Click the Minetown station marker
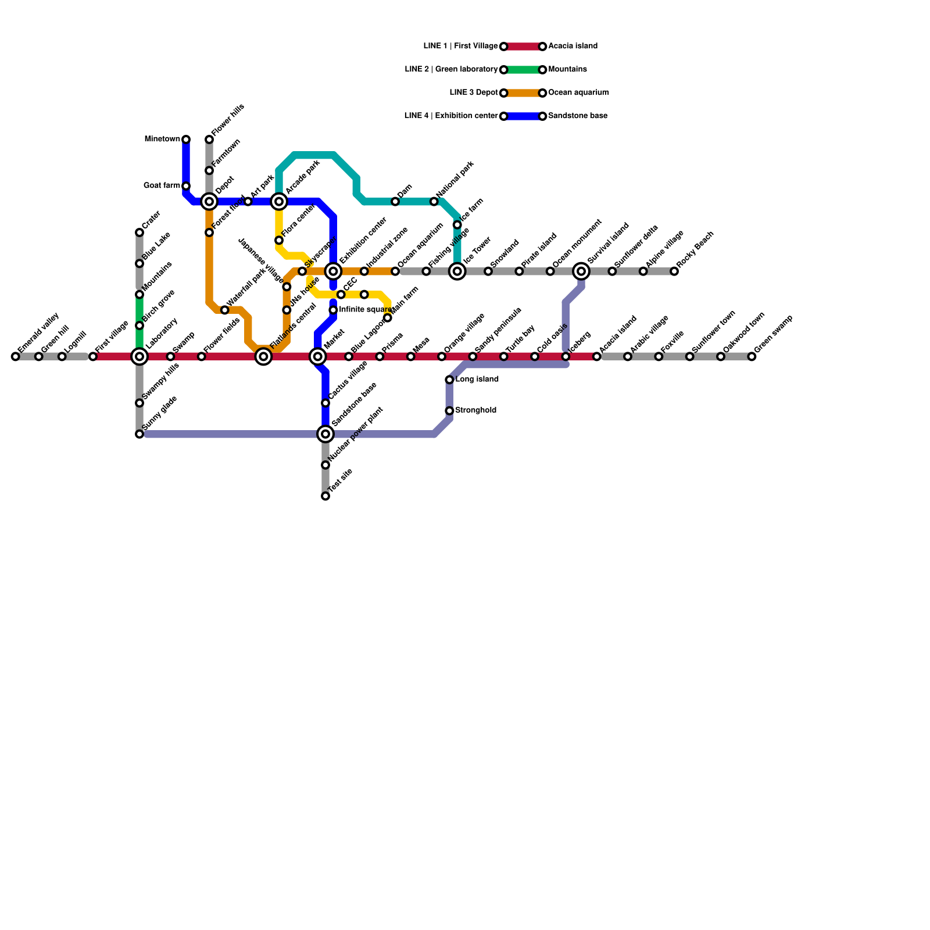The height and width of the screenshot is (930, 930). [x=186, y=139]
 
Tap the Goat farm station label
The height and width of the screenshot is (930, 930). [x=162, y=186]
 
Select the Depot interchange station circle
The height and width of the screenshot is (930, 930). [x=209, y=202]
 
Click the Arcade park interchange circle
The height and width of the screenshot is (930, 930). [x=279, y=202]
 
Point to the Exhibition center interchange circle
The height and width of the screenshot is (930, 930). [x=333, y=271]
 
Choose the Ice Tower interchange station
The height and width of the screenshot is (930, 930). [x=457, y=271]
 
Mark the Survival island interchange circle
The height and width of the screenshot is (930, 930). [x=581, y=271]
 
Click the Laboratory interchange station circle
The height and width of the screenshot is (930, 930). [x=139, y=356]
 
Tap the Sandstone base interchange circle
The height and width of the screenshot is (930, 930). [x=325, y=434]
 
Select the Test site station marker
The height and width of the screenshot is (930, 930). [x=325, y=496]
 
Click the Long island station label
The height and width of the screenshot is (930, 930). [x=477, y=380]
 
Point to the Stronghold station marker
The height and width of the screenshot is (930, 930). [x=449, y=411]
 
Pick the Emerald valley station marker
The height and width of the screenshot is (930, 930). [x=16, y=356]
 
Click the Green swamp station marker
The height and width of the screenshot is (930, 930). [x=752, y=356]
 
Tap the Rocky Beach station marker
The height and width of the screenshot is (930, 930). [x=674, y=271]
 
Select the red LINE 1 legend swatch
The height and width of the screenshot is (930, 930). [x=523, y=46]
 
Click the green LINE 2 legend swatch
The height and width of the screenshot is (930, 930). [x=523, y=70]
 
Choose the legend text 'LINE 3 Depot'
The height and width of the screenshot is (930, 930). [x=474, y=93]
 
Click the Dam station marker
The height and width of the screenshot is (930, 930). [x=395, y=202]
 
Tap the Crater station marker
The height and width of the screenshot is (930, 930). [x=139, y=233]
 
